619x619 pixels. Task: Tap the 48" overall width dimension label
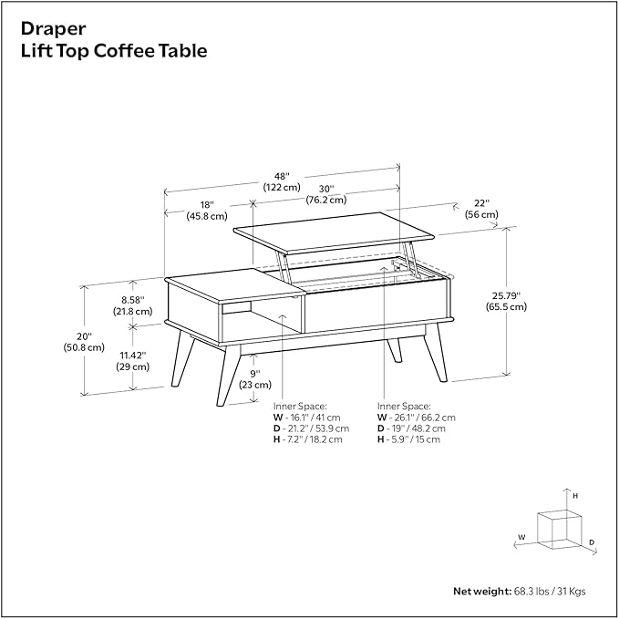282,181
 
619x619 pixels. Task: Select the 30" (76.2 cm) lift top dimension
325,193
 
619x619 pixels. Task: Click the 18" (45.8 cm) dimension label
207,211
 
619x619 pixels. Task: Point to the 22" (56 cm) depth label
481,209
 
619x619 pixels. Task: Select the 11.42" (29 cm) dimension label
132,360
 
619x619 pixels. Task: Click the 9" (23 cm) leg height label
256,378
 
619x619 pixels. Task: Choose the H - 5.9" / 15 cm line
409,439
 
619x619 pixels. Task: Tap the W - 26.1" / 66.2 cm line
417,417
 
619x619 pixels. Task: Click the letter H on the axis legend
575,495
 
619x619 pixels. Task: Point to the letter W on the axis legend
521,537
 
